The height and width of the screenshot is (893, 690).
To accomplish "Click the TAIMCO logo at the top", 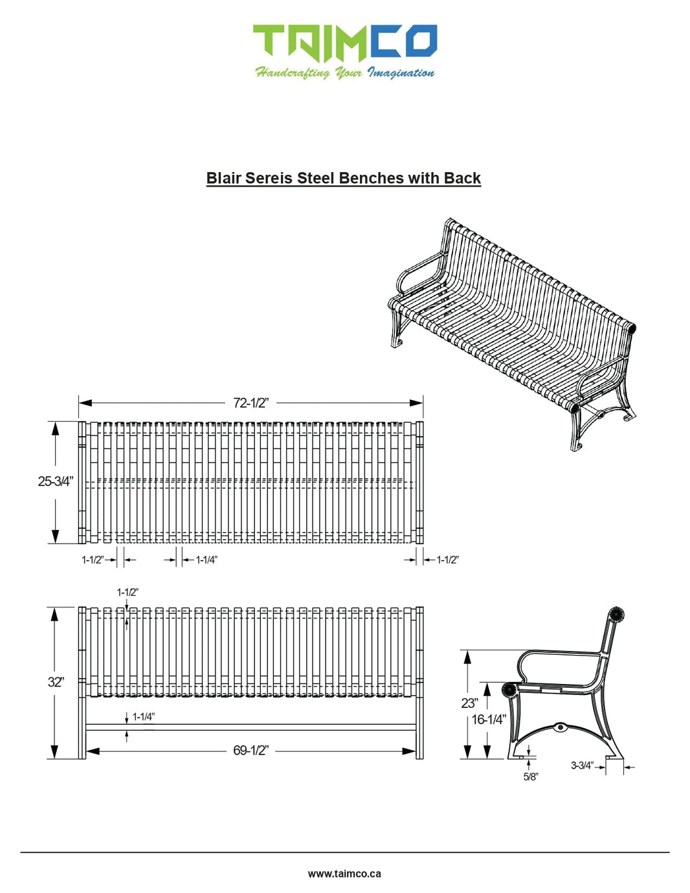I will coord(344,43).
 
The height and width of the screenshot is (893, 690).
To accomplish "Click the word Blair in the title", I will coord(223,179).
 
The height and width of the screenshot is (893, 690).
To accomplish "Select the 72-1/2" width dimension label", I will coord(250,403).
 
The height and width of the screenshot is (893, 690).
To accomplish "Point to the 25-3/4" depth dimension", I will coord(55,481).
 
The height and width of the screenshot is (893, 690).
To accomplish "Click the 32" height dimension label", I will coord(56,682).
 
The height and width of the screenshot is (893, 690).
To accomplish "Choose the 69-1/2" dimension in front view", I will coord(250,751).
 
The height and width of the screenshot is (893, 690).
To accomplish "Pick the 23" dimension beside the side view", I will coord(469,703).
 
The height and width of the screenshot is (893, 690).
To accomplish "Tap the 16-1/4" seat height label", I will coord(489,720).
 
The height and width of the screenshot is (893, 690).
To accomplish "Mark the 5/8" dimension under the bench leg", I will coord(530,777).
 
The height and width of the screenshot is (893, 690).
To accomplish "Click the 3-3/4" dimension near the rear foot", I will coord(581,766).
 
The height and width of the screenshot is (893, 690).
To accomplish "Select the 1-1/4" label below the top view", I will coord(206,560).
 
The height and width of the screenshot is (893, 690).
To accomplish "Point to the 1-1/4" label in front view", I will coord(143,717).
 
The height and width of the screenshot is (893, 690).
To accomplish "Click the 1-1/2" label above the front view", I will coord(128,592).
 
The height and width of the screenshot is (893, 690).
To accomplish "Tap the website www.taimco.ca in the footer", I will coord(344,874).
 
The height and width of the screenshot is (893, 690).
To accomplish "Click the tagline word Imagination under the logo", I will coord(401,73).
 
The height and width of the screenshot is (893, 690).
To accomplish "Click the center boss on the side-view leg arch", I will coord(561,727).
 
